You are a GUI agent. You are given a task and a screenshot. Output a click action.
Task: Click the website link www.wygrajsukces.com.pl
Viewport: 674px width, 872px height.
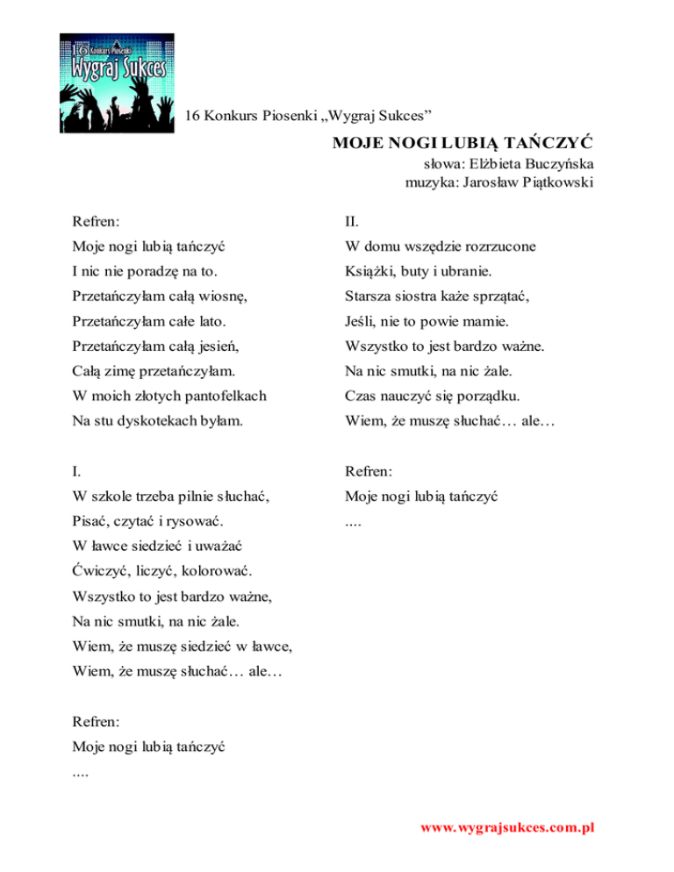point(507,828)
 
